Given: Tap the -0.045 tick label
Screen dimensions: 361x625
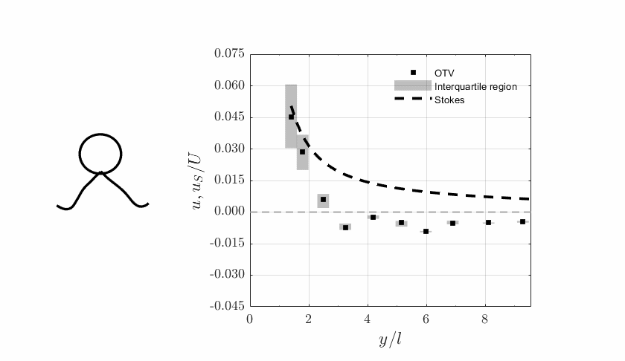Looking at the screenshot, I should (227, 306).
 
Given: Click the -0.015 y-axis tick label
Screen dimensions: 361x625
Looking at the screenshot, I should (227, 243).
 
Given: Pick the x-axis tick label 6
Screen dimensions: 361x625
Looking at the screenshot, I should (426, 319).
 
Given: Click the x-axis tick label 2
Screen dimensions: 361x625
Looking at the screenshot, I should (309, 319).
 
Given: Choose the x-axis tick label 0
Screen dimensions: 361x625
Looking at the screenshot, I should (250, 319).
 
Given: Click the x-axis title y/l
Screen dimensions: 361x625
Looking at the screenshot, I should (390, 340).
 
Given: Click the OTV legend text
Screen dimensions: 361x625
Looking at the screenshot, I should (444, 73).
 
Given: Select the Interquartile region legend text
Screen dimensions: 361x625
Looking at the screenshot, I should (475, 86).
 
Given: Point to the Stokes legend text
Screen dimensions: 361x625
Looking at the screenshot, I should (449, 100).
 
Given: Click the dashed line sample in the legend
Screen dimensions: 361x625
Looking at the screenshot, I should (412, 99).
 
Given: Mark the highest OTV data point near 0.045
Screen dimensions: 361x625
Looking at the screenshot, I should (291, 117).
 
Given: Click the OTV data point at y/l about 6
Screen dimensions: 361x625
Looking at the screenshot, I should (426, 231).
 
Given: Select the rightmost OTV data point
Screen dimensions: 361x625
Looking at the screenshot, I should (522, 221).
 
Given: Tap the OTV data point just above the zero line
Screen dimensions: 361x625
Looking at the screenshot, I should (323, 199).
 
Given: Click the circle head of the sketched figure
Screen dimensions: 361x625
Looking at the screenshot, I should (100, 153).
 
